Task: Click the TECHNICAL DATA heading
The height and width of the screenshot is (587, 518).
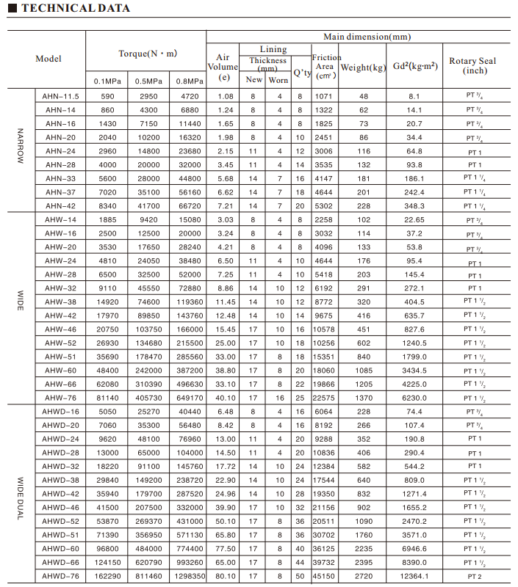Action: (71, 9)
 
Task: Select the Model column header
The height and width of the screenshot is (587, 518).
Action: (48, 59)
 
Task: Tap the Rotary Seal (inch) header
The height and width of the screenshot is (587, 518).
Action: (475, 65)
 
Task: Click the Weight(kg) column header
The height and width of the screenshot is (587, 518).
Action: (363, 68)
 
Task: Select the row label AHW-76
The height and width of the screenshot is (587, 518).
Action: (60, 397)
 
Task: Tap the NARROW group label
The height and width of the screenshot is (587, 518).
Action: (21, 150)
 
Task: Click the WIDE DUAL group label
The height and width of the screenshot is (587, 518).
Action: (21, 493)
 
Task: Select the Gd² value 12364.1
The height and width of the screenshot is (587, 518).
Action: (414, 576)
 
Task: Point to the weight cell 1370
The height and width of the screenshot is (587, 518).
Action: (363, 397)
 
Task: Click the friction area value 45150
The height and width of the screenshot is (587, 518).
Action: (324, 576)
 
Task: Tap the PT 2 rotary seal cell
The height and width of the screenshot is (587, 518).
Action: (475, 576)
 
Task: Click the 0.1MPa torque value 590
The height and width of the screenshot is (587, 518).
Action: (108, 96)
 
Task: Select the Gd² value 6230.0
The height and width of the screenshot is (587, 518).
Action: (414, 397)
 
